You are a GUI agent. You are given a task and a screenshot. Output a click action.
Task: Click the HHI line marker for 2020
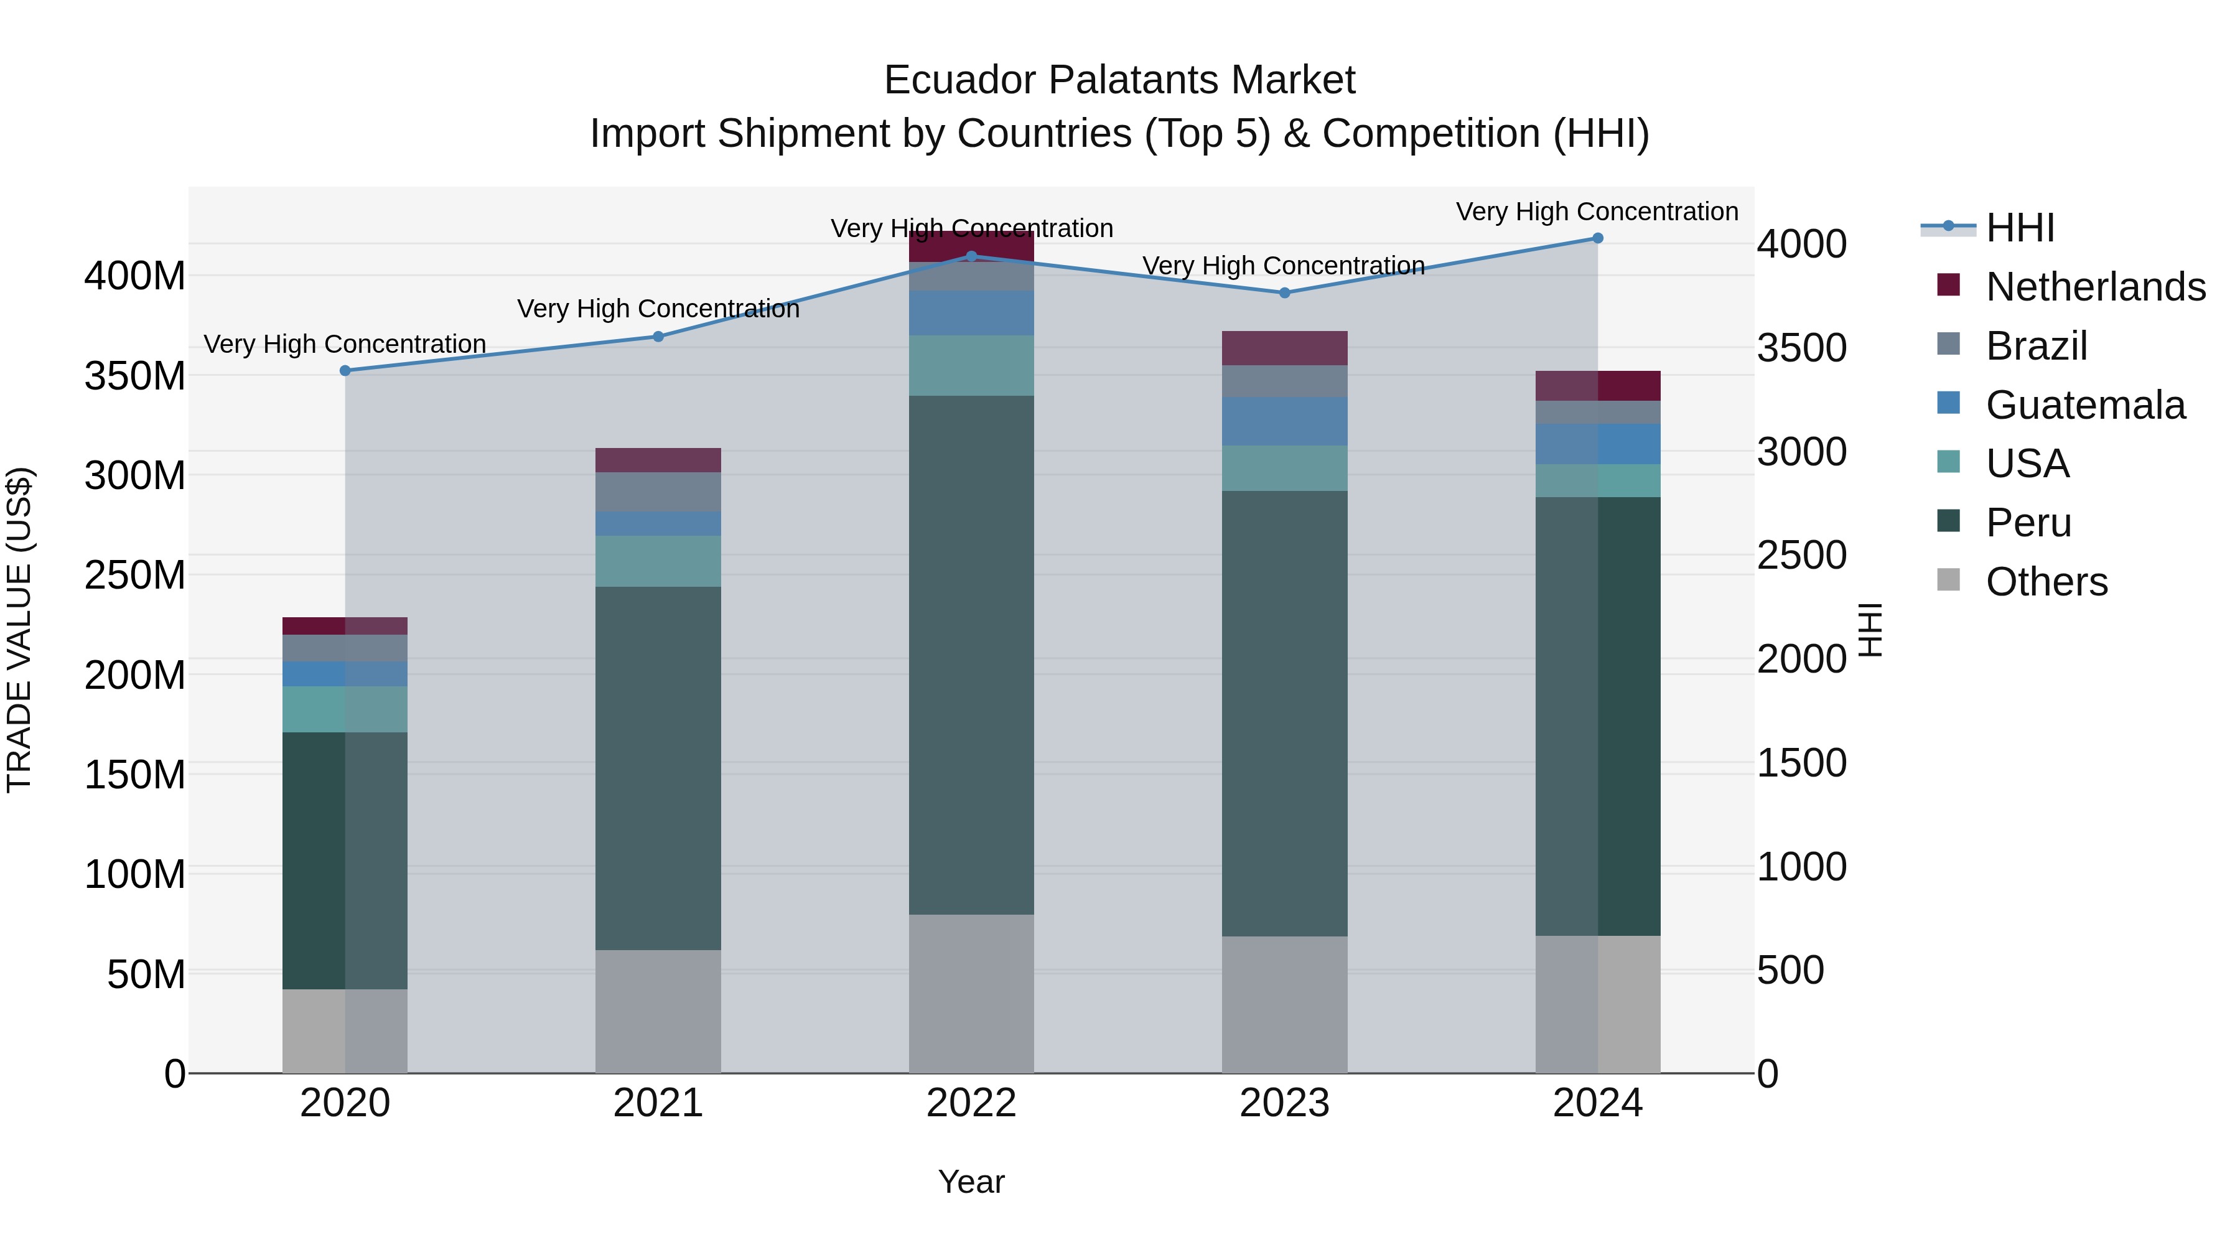[x=345, y=370]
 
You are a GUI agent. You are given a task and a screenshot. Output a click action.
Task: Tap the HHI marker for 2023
[x=1284, y=293]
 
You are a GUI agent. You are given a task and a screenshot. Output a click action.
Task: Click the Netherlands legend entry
[x=2096, y=287]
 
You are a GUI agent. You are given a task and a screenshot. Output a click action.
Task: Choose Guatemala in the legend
[x=2085, y=405]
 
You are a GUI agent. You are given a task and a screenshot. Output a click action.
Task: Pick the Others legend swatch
[x=1949, y=580]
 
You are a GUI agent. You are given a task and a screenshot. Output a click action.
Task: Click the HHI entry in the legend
[x=2020, y=228]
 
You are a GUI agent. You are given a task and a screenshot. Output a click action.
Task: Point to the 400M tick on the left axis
[x=135, y=276]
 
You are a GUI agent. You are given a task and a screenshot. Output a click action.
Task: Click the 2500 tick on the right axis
[x=1802, y=556]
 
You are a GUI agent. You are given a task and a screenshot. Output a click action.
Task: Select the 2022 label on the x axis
[x=971, y=1103]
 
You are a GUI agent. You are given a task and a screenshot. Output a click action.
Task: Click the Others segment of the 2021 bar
[x=658, y=1010]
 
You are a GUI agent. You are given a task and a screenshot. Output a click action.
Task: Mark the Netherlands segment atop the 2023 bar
[x=1284, y=348]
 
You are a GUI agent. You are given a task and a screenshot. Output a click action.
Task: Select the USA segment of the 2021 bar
[x=658, y=561]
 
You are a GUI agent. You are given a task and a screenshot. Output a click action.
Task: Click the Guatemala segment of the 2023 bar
[x=1284, y=421]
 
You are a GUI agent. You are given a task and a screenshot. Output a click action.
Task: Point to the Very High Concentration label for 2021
[x=658, y=309]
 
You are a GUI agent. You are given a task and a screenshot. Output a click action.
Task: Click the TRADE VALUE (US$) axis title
[x=19, y=630]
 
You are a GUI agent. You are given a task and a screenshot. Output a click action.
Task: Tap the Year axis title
[x=971, y=1182]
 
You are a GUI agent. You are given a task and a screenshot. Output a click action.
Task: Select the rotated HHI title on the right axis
[x=1870, y=630]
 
